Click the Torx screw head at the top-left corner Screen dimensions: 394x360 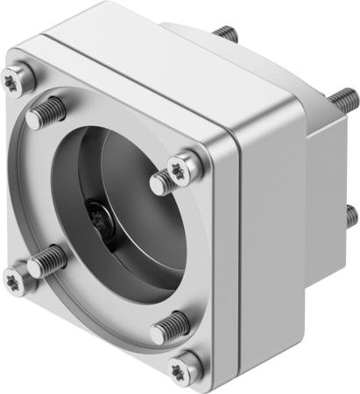tap(19, 78)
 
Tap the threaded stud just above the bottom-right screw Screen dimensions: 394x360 tap(170, 327)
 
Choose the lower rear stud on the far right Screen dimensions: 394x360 tap(350, 214)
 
